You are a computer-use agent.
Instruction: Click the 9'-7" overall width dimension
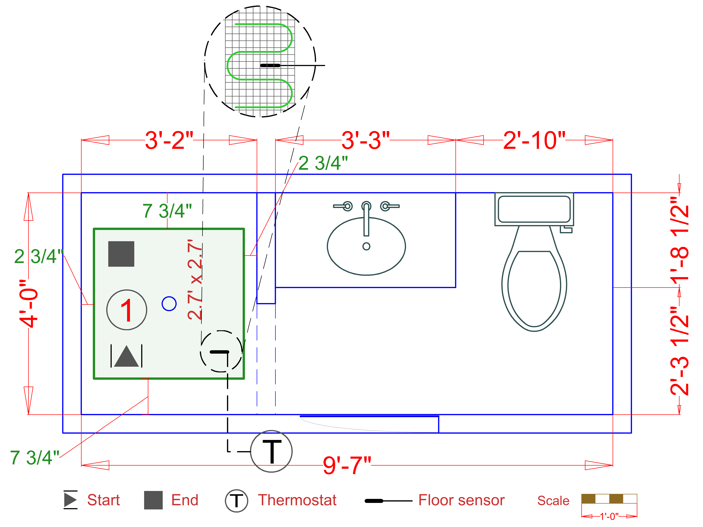tap(347, 465)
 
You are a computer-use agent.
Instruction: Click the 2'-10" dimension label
tap(534, 140)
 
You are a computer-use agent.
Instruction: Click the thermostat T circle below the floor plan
tap(271, 451)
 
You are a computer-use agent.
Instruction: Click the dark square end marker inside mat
tap(121, 254)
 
